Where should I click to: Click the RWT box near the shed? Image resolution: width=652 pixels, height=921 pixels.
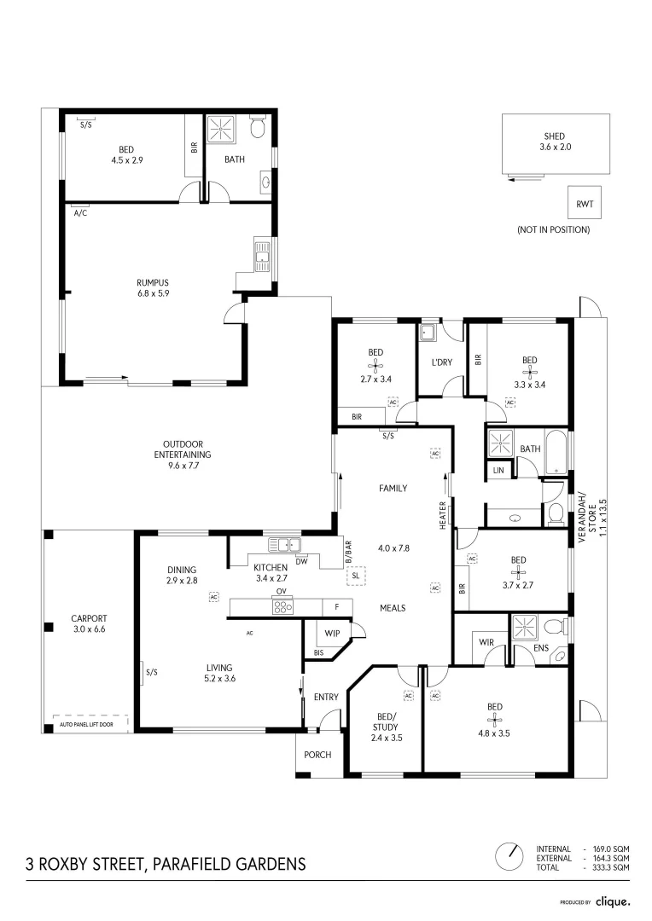[x=585, y=204]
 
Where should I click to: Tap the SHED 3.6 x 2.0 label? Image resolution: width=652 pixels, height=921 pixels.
[x=555, y=142]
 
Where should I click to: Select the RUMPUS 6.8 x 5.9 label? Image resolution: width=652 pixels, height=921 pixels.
[x=153, y=288]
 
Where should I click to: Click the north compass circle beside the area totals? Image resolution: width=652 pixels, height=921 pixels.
[x=509, y=857]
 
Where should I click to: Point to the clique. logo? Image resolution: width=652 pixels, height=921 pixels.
[x=613, y=901]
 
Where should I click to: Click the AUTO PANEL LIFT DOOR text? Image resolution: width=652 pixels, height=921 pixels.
[x=86, y=724]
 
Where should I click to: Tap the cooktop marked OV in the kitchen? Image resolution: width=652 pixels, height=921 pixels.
[x=282, y=607]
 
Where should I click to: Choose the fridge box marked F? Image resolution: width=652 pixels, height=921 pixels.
[x=337, y=607]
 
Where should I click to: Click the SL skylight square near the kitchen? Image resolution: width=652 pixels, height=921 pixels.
[x=356, y=576]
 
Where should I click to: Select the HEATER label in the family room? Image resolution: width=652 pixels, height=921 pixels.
[x=443, y=515]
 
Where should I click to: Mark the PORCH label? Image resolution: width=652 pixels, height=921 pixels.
[x=317, y=755]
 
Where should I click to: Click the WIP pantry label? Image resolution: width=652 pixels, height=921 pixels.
[x=332, y=633]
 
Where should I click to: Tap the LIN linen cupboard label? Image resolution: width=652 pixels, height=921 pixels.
[x=498, y=470]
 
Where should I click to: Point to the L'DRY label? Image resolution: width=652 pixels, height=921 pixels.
[x=442, y=362]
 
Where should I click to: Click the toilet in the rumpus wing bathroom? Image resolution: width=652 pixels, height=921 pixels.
[x=258, y=127]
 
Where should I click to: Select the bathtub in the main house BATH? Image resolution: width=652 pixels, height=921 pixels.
[x=556, y=452]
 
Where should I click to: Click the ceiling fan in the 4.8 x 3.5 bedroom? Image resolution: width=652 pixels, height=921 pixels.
[x=495, y=720]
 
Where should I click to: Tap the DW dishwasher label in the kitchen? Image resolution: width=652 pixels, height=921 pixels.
[x=301, y=561]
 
